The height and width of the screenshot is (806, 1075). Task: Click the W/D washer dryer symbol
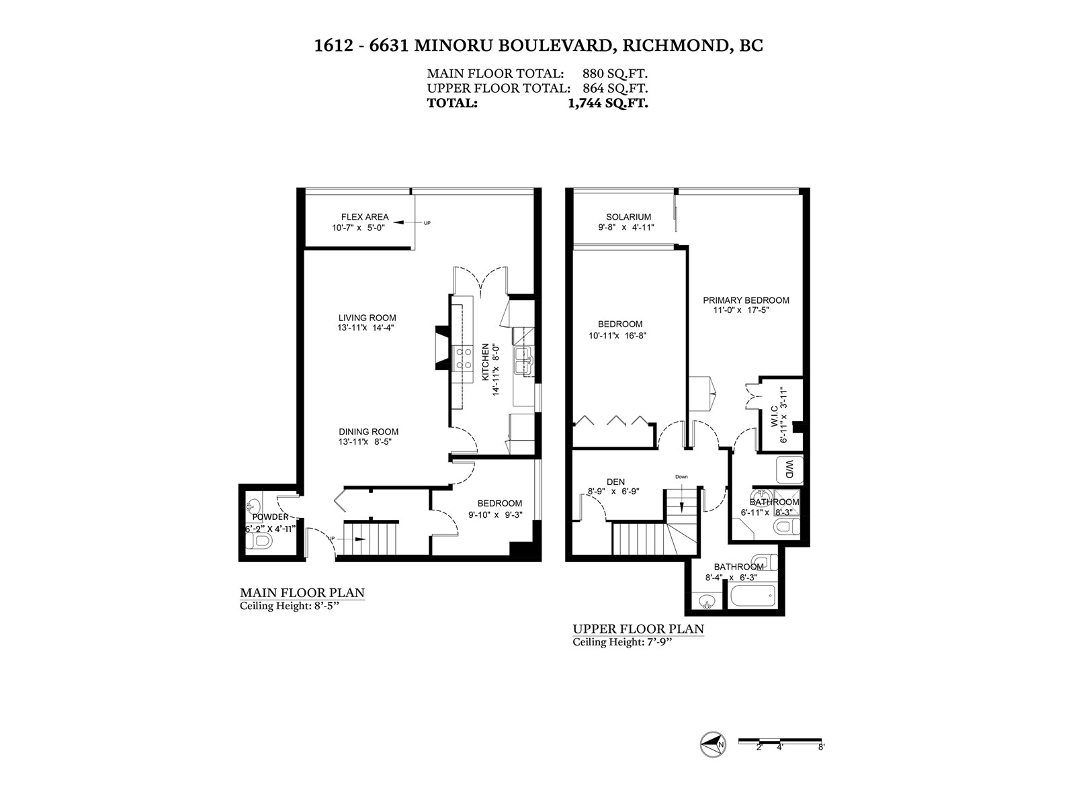[x=789, y=469]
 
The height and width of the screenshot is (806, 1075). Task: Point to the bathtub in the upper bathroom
[x=752, y=596]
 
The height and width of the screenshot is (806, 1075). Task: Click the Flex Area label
[x=365, y=217]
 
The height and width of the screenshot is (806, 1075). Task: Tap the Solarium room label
[x=628, y=217]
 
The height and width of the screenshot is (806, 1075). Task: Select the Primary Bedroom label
[x=746, y=300]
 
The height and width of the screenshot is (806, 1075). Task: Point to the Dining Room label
[x=368, y=432]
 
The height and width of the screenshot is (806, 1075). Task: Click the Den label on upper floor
[x=615, y=482]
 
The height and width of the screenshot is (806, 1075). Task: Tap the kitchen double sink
[x=523, y=361]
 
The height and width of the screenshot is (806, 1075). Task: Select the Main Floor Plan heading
[x=302, y=593]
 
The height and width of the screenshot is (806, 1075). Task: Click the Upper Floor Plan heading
[x=638, y=629]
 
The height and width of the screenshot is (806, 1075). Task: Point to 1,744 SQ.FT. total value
[x=608, y=103]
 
